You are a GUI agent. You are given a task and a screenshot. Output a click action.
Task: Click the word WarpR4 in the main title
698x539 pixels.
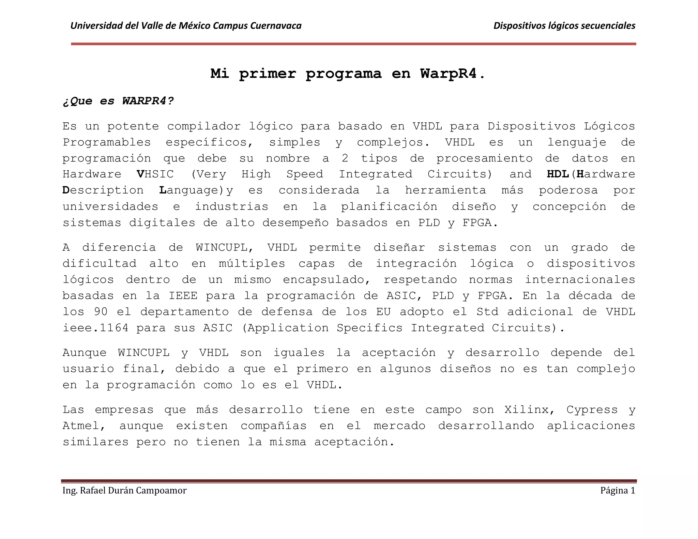448,74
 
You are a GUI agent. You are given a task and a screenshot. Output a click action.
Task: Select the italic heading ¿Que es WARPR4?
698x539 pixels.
118,101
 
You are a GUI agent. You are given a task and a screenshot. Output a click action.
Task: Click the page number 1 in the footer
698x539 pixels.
633,490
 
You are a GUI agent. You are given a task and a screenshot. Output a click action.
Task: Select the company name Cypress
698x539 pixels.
592,410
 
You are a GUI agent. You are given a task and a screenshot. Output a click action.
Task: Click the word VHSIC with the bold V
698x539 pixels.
155,174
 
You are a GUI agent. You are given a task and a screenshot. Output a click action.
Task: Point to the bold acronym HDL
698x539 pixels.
558,174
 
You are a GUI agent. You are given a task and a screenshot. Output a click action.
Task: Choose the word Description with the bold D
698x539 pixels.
103,190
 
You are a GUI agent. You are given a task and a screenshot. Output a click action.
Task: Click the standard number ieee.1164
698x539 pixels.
96,328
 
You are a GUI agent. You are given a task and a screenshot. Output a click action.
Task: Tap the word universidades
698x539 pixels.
110,206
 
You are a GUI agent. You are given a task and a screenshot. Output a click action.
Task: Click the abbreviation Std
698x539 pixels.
487,312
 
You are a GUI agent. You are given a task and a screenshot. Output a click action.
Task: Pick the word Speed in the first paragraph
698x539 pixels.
305,174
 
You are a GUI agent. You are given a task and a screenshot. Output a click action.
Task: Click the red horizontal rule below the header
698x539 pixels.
353,44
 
